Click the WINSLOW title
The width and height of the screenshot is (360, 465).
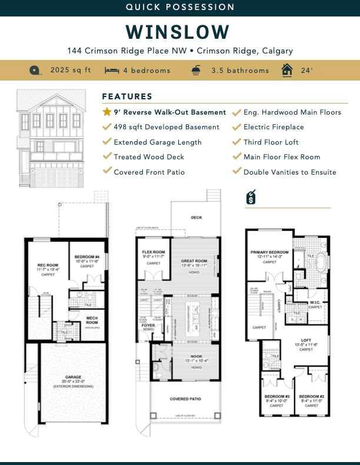(180, 31)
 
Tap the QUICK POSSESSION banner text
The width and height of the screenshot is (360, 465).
(180, 7)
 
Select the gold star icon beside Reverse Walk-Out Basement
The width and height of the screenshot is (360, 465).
(106, 112)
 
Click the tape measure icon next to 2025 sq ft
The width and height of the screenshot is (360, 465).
(36, 70)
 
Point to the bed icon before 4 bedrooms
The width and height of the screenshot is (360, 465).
(112, 70)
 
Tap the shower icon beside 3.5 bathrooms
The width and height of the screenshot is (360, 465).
(195, 70)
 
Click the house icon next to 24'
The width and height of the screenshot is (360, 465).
(287, 70)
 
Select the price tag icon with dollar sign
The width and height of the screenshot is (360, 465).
(250, 198)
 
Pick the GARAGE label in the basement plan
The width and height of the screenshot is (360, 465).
(74, 377)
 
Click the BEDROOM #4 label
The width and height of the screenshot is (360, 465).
(87, 257)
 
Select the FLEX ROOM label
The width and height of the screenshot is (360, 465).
(153, 252)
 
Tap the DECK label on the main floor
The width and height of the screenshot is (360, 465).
(196, 218)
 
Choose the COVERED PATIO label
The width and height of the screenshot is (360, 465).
(185, 399)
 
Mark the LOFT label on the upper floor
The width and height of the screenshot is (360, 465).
(306, 340)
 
